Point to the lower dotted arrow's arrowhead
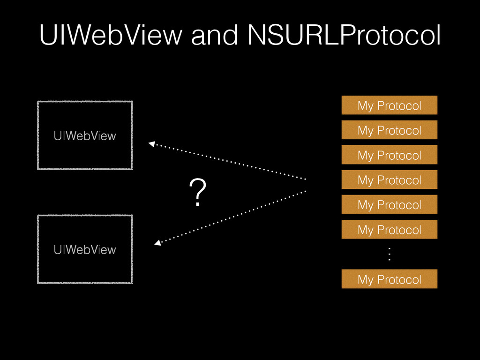point(157,243)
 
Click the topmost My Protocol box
point(389,105)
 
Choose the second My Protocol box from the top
point(389,130)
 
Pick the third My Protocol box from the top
point(389,155)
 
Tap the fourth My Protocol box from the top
point(389,180)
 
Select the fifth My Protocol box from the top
point(389,204)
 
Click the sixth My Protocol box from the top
point(389,229)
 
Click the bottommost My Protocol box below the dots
point(389,279)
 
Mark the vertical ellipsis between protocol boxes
point(389,255)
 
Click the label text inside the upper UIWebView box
point(84,136)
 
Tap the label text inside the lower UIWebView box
point(84,249)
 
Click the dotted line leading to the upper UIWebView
point(230,162)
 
